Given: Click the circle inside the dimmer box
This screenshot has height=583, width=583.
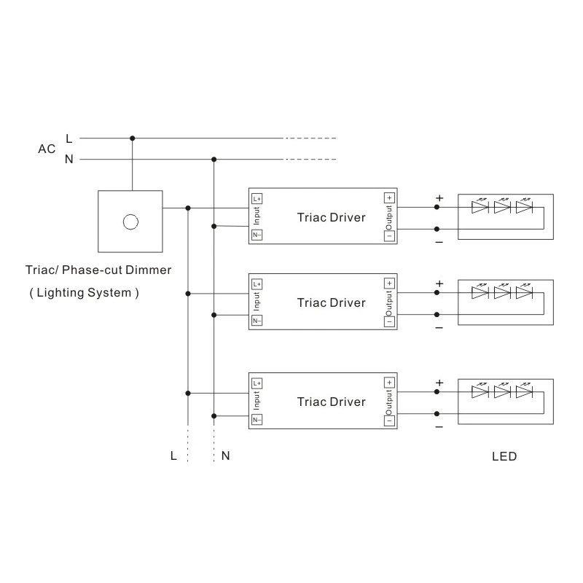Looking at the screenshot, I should (131, 220).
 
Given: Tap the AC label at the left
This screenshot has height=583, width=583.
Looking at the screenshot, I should (47, 149).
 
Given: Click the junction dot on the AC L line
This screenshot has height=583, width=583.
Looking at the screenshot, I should (132, 138).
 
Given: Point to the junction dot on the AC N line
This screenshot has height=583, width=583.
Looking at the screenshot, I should (214, 160).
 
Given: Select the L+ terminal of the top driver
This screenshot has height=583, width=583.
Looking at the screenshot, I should (257, 197).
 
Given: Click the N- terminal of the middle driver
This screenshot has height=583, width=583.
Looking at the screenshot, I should (257, 321).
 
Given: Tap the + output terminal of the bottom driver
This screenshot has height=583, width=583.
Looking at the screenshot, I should (389, 383).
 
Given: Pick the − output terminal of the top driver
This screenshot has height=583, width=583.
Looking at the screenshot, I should (389, 235).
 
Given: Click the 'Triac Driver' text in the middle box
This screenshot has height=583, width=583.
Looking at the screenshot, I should (331, 302).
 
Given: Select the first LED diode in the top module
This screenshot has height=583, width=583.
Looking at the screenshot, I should (480, 207).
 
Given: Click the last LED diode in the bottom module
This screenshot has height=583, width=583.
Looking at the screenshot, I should (524, 391).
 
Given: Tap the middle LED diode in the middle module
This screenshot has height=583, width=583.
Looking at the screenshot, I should (502, 293).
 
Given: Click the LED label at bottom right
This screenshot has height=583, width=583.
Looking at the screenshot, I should (504, 457).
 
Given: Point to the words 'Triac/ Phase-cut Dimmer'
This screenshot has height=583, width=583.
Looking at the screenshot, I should (98, 270).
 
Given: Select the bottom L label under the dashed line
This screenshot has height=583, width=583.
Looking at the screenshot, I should (173, 456).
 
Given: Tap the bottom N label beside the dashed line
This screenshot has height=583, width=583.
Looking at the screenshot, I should (226, 456).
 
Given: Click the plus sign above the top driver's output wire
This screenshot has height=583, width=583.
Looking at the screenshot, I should (439, 197).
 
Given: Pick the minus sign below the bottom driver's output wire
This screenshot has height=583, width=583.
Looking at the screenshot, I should (439, 426).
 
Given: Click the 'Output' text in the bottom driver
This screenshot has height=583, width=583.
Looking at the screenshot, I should (389, 401).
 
